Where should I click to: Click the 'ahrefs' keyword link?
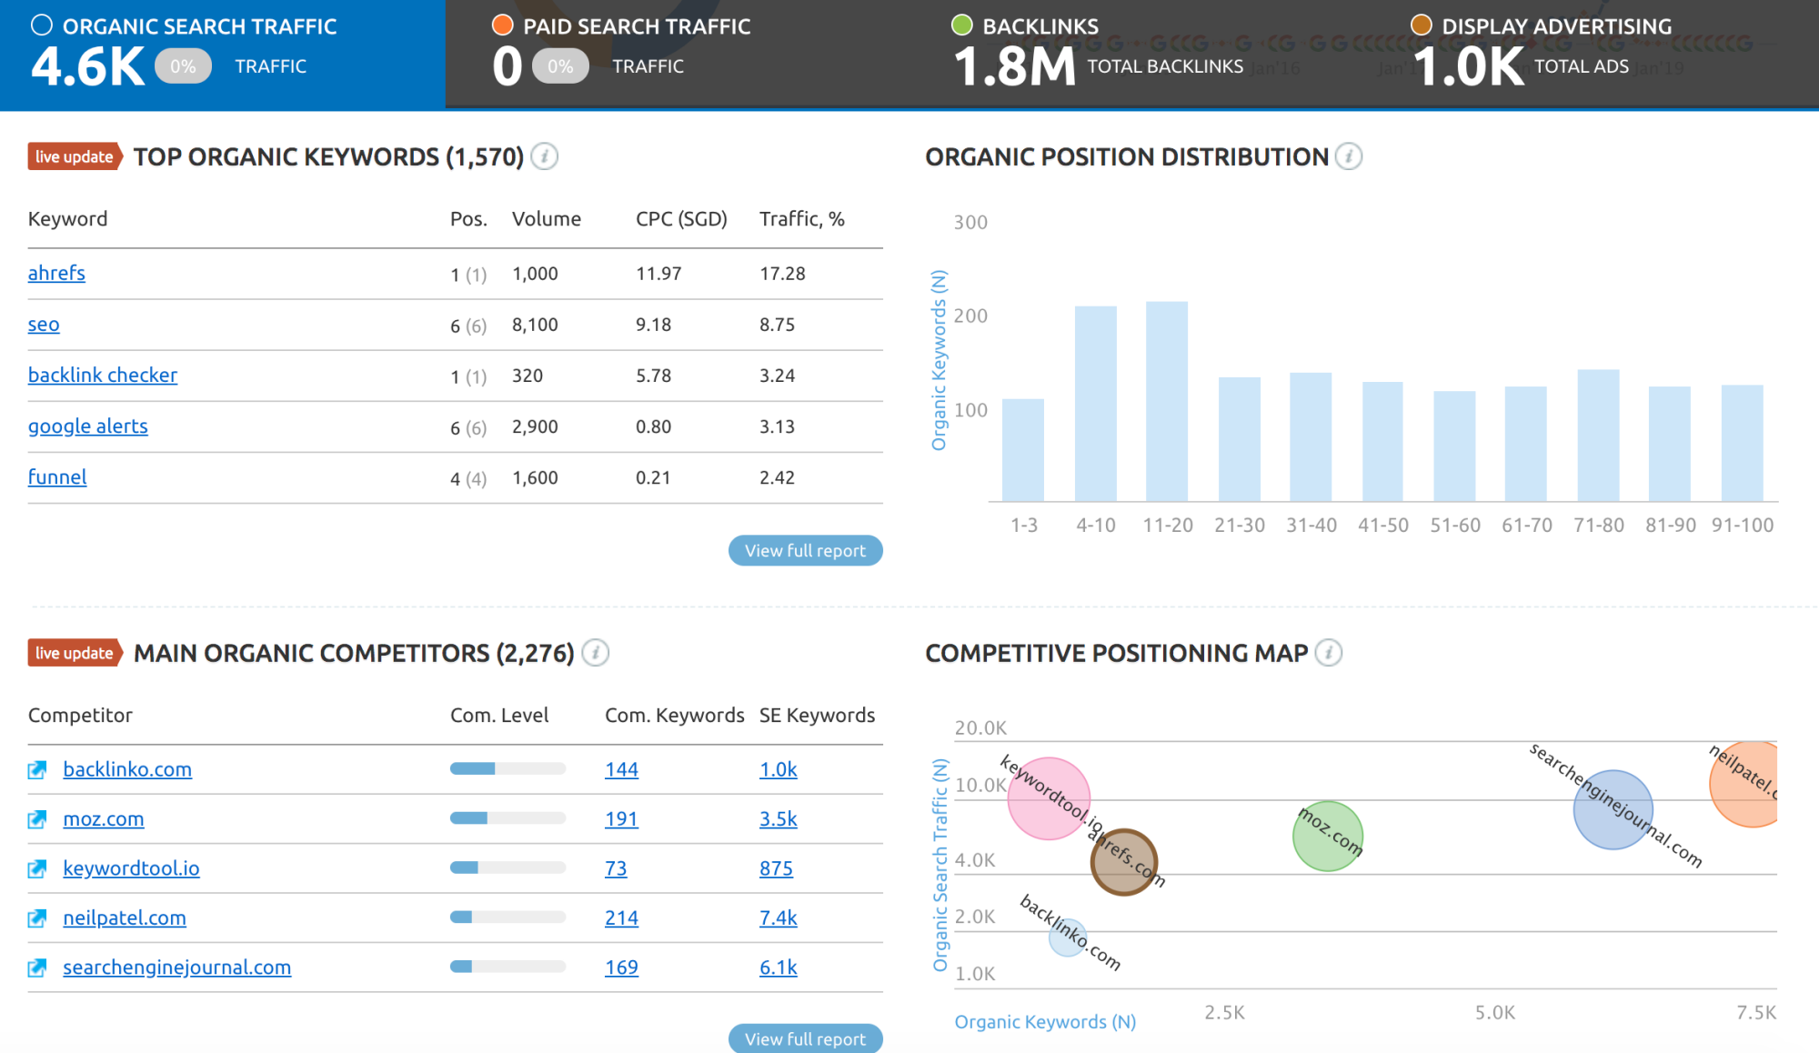[x=56, y=273]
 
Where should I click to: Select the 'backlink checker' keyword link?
[x=102, y=375]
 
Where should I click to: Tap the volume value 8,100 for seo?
[x=535, y=325]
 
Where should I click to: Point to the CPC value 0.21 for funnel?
[x=652, y=477]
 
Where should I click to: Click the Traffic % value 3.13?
[x=777, y=426]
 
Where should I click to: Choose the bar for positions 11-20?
[x=1167, y=401]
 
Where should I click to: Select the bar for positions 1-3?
[x=1023, y=450]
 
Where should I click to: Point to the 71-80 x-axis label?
[x=1598, y=525]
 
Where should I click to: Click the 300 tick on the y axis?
[x=970, y=223]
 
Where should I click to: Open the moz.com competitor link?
[x=103, y=818]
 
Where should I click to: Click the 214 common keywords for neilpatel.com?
[x=621, y=918]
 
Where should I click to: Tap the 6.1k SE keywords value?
[x=778, y=968]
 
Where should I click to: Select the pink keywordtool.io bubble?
[x=1049, y=798]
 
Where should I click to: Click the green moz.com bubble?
[x=1328, y=836]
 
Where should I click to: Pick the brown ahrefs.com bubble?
[x=1123, y=862]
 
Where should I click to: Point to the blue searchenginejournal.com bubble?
[x=1613, y=809]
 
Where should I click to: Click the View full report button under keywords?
[x=805, y=550]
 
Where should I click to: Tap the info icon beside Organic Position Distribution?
[x=1349, y=156]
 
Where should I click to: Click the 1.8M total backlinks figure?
[x=1014, y=66]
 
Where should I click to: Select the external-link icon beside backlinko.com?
[x=37, y=770]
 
